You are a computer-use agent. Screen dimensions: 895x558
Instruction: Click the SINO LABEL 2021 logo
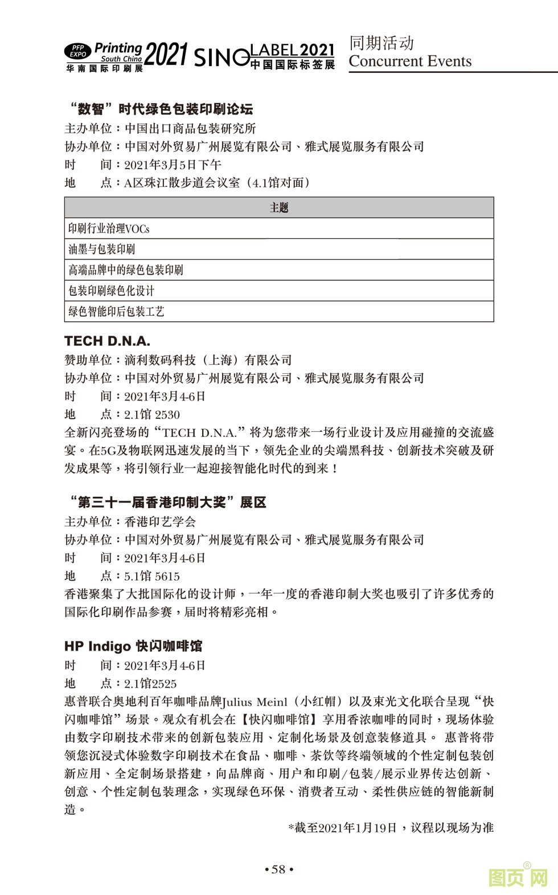pyautogui.click(x=264, y=57)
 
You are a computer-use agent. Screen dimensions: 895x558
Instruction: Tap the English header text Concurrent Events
pyautogui.click(x=410, y=62)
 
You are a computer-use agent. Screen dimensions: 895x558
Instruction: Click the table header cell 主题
pyautogui.click(x=279, y=208)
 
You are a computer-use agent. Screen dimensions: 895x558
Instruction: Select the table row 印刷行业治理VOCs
pyautogui.click(x=279, y=228)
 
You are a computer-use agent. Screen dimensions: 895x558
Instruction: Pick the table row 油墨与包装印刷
pyautogui.click(x=279, y=249)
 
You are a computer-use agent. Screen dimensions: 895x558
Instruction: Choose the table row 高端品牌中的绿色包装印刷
pyautogui.click(x=279, y=269)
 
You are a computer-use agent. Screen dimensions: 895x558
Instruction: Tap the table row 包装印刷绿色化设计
pyautogui.click(x=279, y=291)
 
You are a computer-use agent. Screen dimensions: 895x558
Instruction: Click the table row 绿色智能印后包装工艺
pyautogui.click(x=279, y=311)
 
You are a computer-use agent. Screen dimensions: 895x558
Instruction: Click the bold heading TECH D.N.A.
pyautogui.click(x=108, y=341)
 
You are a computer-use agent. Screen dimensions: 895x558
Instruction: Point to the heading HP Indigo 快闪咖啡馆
pyautogui.click(x=133, y=646)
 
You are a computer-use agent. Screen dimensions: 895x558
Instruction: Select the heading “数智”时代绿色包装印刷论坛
pyautogui.click(x=159, y=109)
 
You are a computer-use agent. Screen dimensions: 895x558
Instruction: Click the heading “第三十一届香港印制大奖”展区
pyautogui.click(x=166, y=502)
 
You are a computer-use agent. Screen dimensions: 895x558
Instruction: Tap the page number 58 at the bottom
pyautogui.click(x=279, y=869)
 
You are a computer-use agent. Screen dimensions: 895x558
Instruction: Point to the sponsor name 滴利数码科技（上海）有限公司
pyautogui.click(x=208, y=360)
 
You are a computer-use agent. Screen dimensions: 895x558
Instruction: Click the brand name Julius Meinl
pyautogui.click(x=252, y=701)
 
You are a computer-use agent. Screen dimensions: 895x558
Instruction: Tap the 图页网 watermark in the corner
pyautogui.click(x=518, y=877)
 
